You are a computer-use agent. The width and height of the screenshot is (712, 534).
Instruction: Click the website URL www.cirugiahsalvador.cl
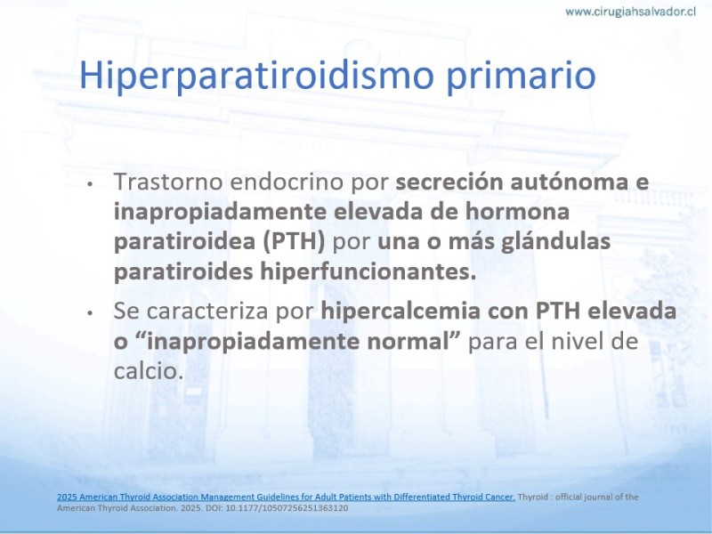point(630,12)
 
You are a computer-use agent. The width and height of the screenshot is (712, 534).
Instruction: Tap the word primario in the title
point(522,77)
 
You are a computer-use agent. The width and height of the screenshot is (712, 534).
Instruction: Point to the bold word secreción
point(449,182)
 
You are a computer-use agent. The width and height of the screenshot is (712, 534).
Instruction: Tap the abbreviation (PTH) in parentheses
point(295,241)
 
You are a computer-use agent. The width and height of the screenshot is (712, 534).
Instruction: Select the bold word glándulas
point(555,241)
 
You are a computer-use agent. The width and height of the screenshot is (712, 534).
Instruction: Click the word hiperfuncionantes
point(368,271)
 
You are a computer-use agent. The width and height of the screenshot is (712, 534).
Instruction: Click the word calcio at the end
point(149,371)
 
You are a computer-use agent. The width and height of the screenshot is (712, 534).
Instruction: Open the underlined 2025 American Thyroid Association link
point(286,497)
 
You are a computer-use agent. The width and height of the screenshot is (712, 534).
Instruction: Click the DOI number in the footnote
point(287,507)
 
